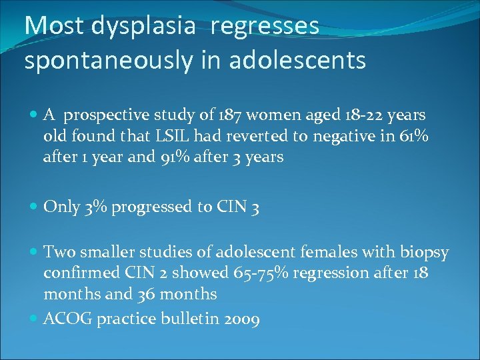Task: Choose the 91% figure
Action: pyautogui.click(x=155, y=157)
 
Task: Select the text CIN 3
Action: pyautogui.click(x=239, y=207)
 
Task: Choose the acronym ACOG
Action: pyautogui.click(x=68, y=319)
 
